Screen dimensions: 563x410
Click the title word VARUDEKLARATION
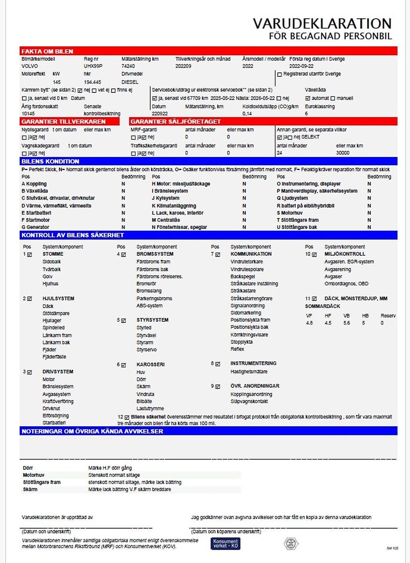tap(322, 23)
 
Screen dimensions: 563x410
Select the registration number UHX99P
tap(93, 66)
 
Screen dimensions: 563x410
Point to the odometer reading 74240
tap(128, 66)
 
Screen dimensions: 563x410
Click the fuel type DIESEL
tap(130, 82)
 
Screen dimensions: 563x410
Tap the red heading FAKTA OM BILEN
tap(47, 51)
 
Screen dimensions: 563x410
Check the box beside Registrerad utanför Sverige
tap(279, 74)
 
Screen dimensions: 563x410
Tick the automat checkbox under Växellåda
tap(307, 98)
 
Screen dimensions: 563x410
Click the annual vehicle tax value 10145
tap(28, 114)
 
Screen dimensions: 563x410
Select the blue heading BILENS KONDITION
tap(50, 161)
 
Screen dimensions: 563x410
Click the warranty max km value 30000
tap(343, 153)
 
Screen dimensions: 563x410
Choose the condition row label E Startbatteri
tap(36, 213)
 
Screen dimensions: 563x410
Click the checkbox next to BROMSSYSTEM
tap(123, 254)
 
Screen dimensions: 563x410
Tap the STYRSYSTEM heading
tap(152, 320)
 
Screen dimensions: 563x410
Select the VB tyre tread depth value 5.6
tap(347, 323)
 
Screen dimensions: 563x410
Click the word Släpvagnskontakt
tap(249, 401)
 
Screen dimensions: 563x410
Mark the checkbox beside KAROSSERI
tap(123, 365)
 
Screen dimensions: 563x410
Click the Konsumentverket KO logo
tap(225, 543)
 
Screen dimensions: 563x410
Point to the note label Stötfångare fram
tap(42, 482)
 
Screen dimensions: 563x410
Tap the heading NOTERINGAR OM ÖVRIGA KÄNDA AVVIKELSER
tap(92, 431)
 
